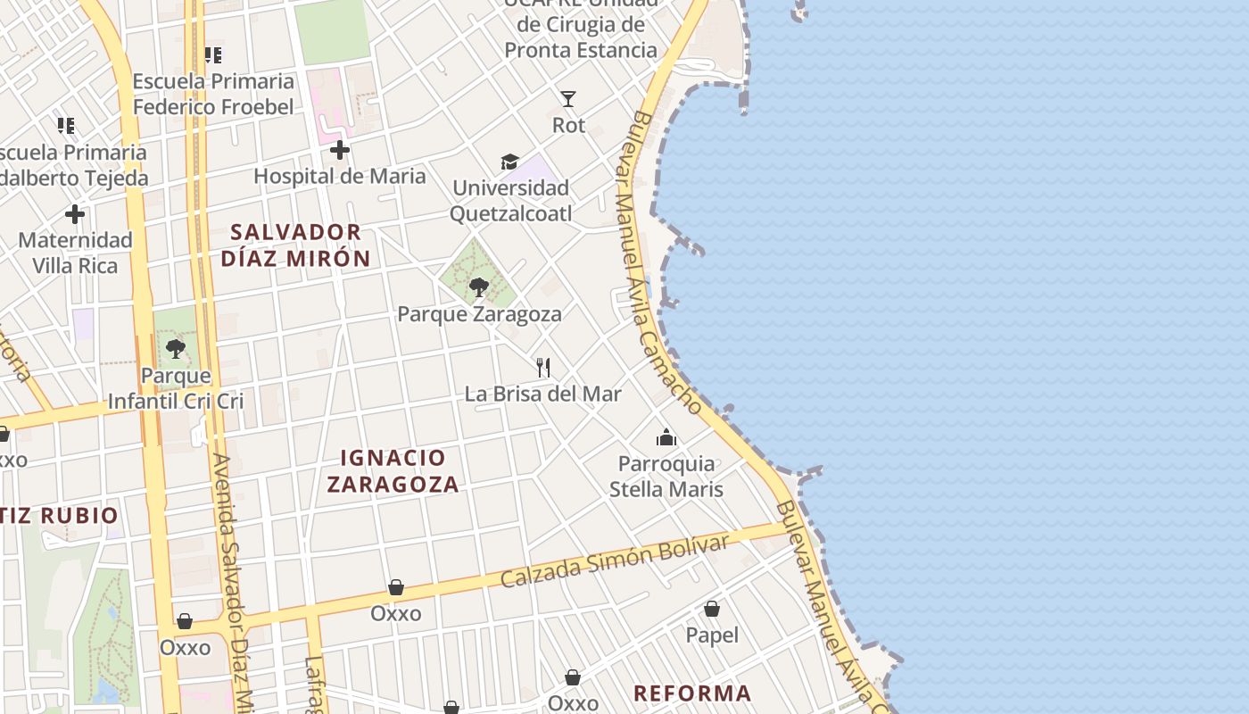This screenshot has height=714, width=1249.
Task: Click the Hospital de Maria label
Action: coord(340,176)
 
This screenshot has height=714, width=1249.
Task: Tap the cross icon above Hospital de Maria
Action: coord(339,150)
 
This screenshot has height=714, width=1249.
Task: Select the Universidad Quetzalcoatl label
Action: coord(510,201)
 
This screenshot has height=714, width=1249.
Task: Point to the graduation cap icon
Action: coord(509,162)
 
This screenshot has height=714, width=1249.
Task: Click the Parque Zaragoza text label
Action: coord(479,314)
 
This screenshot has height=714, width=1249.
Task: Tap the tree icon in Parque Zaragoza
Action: coord(479,287)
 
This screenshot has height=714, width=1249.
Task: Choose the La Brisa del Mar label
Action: coord(543,394)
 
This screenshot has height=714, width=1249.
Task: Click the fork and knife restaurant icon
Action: coord(543,367)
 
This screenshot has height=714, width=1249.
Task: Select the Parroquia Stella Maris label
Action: coord(666,477)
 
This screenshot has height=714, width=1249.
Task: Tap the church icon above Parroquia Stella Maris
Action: coord(666,437)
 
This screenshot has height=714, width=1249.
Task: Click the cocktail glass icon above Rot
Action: coord(568,99)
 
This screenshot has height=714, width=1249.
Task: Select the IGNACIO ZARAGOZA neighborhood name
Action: coord(393,471)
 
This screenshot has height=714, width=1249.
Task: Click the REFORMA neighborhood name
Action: coord(692,693)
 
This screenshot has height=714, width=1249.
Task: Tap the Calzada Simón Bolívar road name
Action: coord(614,562)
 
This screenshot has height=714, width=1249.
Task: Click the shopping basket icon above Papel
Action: coord(712,609)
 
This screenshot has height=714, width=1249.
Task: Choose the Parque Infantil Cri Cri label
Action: coord(176,388)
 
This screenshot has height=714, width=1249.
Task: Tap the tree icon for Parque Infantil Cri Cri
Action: coord(176,349)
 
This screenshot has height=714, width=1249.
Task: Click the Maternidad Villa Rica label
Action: coord(75,253)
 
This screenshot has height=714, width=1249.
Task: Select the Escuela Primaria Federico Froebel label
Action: coord(213,94)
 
